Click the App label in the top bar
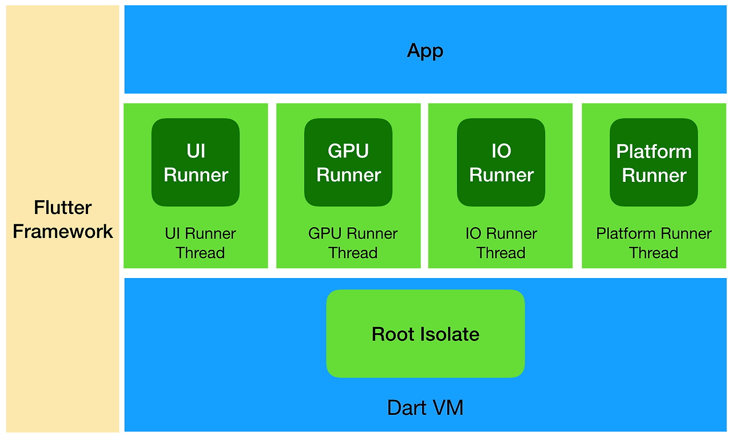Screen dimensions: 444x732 click(x=425, y=51)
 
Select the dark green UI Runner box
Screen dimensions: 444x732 click(x=196, y=162)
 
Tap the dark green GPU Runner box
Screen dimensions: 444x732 click(x=348, y=162)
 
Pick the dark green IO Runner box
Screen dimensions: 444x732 click(x=501, y=162)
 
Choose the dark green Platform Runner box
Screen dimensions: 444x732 click(x=654, y=162)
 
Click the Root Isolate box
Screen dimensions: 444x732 click(x=425, y=334)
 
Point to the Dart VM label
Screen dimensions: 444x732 click(x=425, y=408)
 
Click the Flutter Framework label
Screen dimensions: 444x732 click(x=63, y=219)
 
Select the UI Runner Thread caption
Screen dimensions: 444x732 click(x=200, y=243)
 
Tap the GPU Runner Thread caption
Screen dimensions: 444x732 click(x=353, y=243)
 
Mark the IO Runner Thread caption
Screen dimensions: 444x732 click(x=501, y=243)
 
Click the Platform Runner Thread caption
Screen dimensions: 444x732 click(x=654, y=243)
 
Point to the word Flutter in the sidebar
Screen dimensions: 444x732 click(x=63, y=207)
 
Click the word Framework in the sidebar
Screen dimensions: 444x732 click(x=63, y=232)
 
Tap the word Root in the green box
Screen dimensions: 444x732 click(x=393, y=334)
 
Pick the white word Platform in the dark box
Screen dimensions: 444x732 click(x=654, y=152)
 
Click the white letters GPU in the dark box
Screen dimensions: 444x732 click(x=348, y=151)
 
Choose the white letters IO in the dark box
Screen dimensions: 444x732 click(x=501, y=151)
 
